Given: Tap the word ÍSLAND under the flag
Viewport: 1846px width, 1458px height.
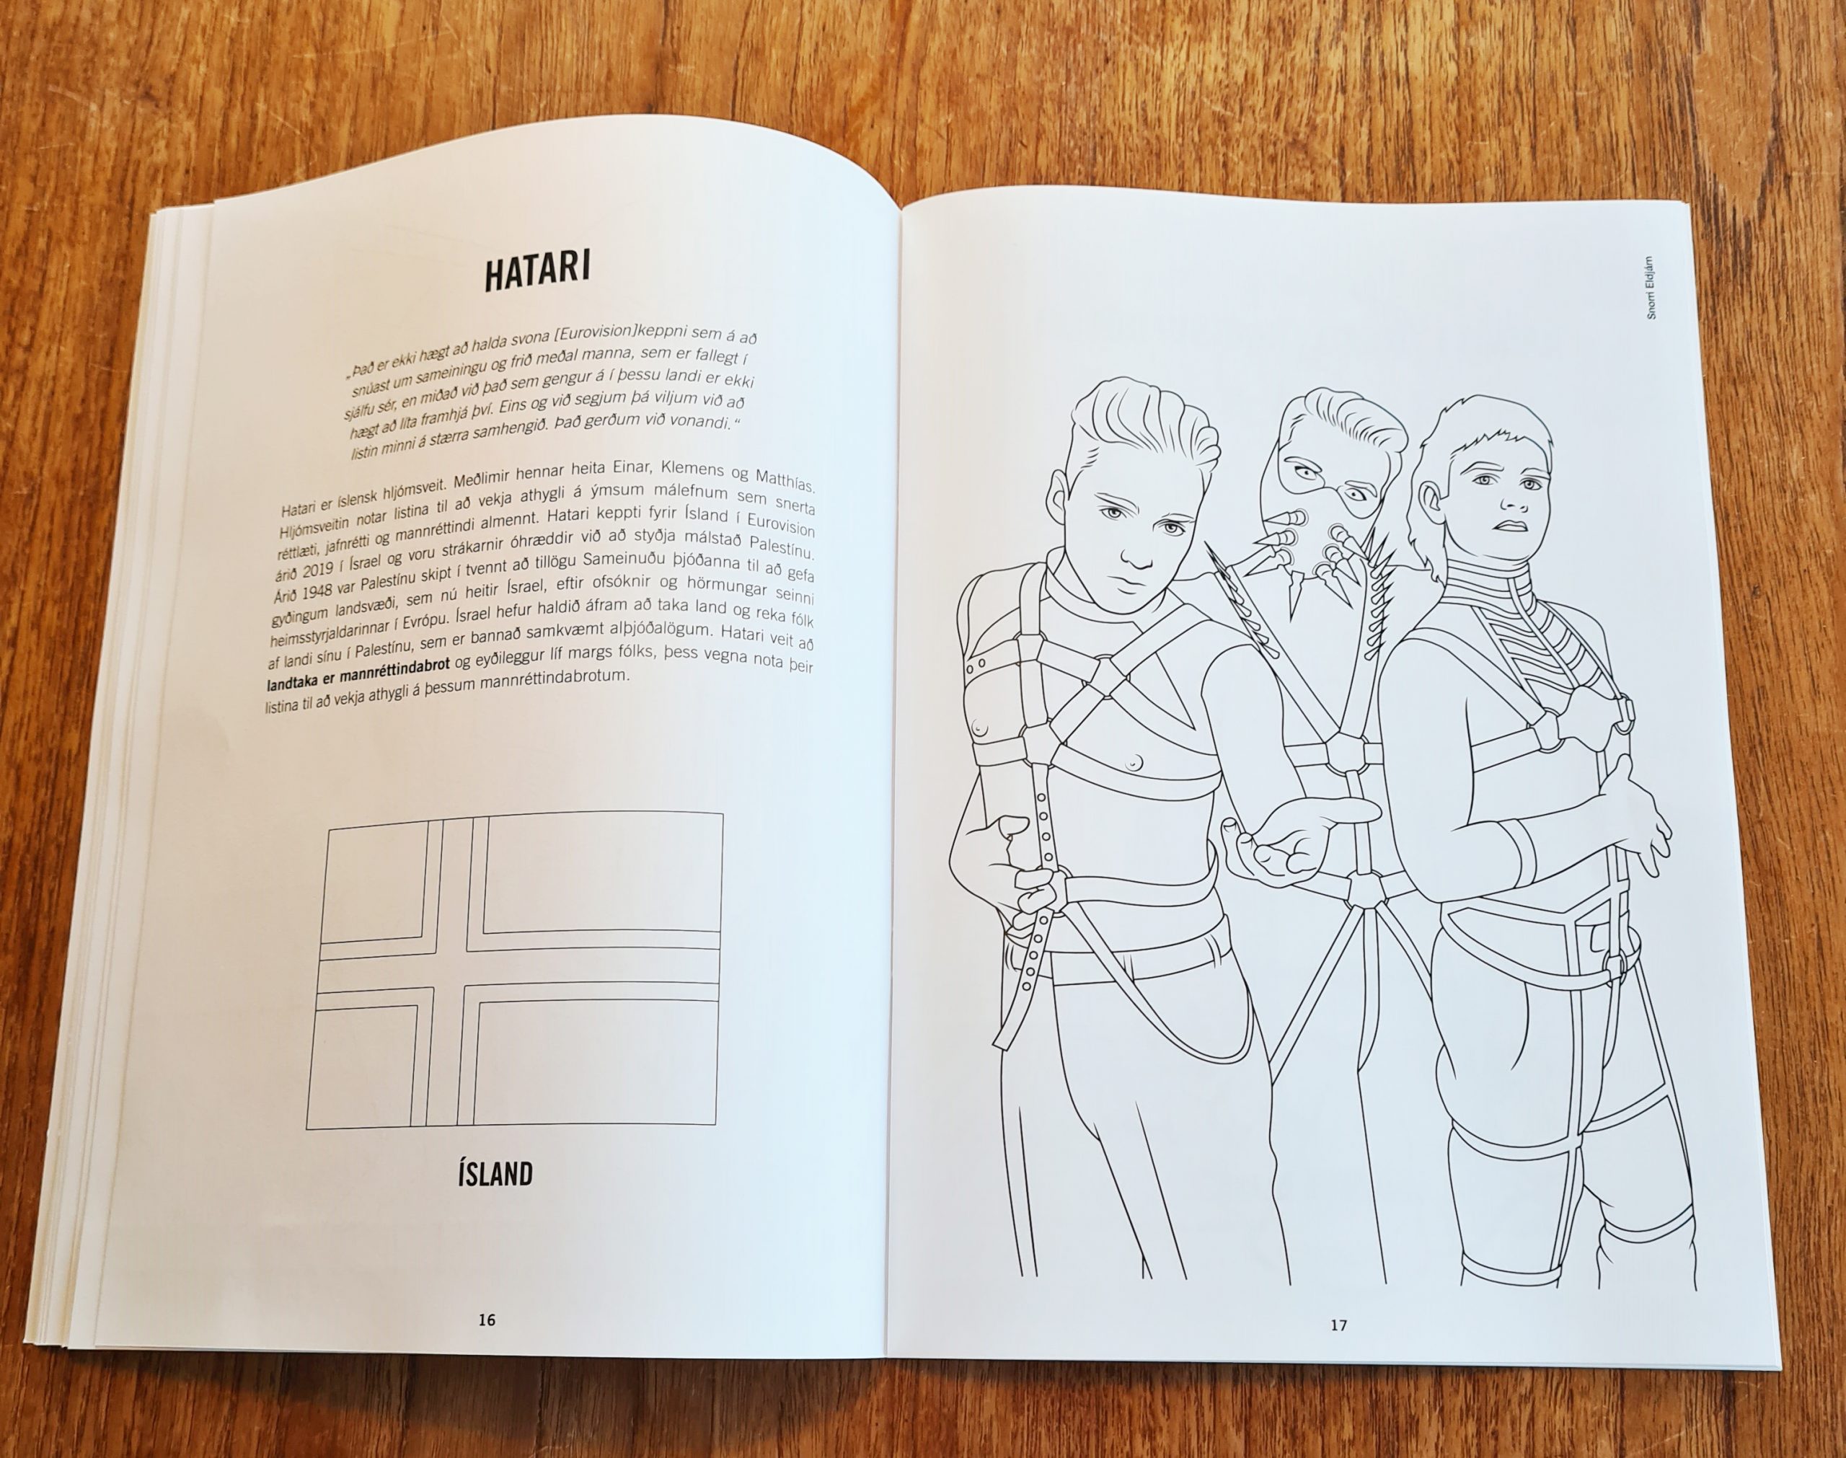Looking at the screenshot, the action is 495,1175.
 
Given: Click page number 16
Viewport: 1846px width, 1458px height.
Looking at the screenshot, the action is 487,1320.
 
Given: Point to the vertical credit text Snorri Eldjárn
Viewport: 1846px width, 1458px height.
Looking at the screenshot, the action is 1650,288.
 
